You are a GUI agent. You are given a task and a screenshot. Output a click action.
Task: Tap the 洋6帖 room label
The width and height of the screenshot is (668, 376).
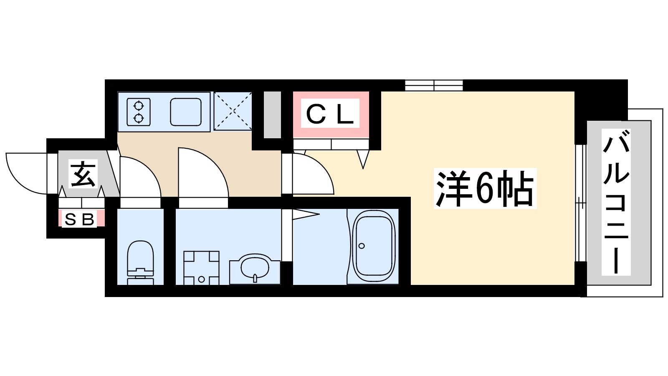click(x=485, y=188)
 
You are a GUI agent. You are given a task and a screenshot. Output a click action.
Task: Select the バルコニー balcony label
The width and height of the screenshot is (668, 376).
click(x=616, y=202)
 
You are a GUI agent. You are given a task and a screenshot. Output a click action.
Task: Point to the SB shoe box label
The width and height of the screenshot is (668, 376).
click(x=79, y=219)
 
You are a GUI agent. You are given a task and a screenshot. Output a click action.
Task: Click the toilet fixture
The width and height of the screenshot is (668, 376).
click(x=140, y=262)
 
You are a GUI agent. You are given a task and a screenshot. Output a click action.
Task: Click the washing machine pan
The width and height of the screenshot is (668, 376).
click(x=201, y=267)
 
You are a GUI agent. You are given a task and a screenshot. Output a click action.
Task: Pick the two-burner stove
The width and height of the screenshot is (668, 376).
click(x=139, y=112)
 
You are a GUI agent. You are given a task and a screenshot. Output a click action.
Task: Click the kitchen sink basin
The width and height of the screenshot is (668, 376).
click(x=186, y=112)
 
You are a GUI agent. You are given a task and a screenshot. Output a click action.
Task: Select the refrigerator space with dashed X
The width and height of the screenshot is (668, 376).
click(x=233, y=111)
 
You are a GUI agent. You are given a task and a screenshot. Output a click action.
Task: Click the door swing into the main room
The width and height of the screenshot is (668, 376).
click(x=312, y=175)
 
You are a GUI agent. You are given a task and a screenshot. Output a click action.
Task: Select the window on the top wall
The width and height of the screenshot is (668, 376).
click(x=434, y=85)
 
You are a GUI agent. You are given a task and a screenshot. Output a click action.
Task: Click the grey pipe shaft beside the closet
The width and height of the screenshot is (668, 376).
click(x=273, y=114)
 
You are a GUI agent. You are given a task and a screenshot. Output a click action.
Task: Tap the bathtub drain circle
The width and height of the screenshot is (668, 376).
click(x=362, y=246)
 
